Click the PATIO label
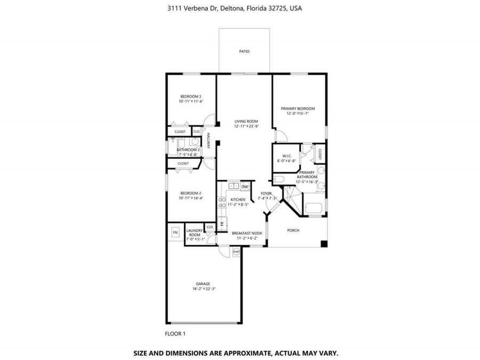pos(244,51)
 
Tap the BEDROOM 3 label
pos(190,96)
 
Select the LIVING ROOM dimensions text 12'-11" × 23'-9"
pos(246,126)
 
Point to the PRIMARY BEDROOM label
pos(298,108)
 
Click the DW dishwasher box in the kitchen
pos(244,187)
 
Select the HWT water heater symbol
pos(236,252)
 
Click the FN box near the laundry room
pos(175,233)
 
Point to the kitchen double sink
pos(233,186)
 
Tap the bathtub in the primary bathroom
pos(313,209)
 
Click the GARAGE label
pos(202,284)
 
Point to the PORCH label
pos(293,230)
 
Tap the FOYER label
pos(266,193)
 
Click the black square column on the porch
pos(323,244)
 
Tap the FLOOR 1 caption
pos(175,334)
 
